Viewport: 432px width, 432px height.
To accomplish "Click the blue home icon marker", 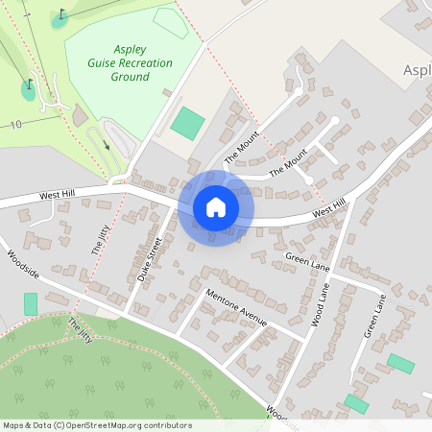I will (x=216, y=207).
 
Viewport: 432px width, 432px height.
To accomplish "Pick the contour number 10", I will (x=16, y=125).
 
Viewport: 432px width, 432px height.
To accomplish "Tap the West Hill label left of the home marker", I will (x=57, y=195).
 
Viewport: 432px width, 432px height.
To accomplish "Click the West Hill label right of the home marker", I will (x=326, y=208).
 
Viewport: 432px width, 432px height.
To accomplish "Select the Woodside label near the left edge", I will (x=23, y=264).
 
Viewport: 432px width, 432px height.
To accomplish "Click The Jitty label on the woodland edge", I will (x=82, y=329).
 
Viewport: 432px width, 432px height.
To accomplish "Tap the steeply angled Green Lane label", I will (x=374, y=315).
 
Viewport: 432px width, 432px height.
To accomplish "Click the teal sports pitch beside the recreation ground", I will (x=187, y=122).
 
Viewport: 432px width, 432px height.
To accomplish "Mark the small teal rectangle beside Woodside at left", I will (x=31, y=304).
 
